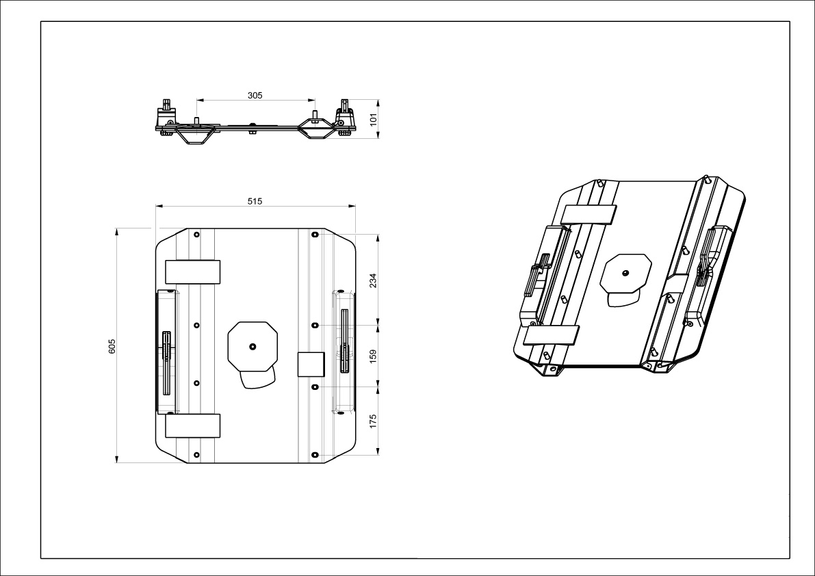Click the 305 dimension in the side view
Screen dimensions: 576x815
[255, 96]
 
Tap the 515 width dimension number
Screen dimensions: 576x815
[255, 200]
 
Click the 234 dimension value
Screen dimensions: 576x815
[373, 280]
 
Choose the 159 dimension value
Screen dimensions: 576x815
[373, 356]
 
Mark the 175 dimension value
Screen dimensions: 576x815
[373, 420]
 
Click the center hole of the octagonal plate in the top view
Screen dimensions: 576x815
[253, 346]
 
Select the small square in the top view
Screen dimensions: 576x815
[310, 365]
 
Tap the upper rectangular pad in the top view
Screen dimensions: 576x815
[192, 272]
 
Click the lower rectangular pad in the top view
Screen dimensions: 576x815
[192, 426]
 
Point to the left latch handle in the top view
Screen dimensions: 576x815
[167, 345]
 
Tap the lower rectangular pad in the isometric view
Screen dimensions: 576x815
[551, 335]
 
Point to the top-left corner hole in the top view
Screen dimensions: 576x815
[196, 235]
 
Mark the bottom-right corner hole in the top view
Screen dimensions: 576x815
[314, 454]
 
